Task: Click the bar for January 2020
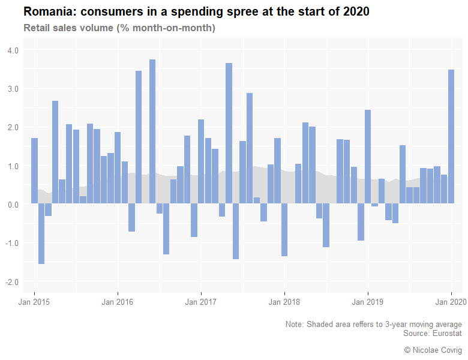451,137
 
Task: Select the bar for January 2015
34,171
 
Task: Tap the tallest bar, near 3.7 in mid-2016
152,132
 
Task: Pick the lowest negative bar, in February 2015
41,234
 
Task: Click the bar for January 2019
368,157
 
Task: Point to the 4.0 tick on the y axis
13,50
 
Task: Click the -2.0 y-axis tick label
12,282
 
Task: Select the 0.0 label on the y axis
13,205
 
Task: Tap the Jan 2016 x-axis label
118,302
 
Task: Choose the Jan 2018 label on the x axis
284,302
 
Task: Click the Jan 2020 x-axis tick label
451,302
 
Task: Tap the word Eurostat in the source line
446,333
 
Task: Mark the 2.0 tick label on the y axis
13,127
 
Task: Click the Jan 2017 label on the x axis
201,302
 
